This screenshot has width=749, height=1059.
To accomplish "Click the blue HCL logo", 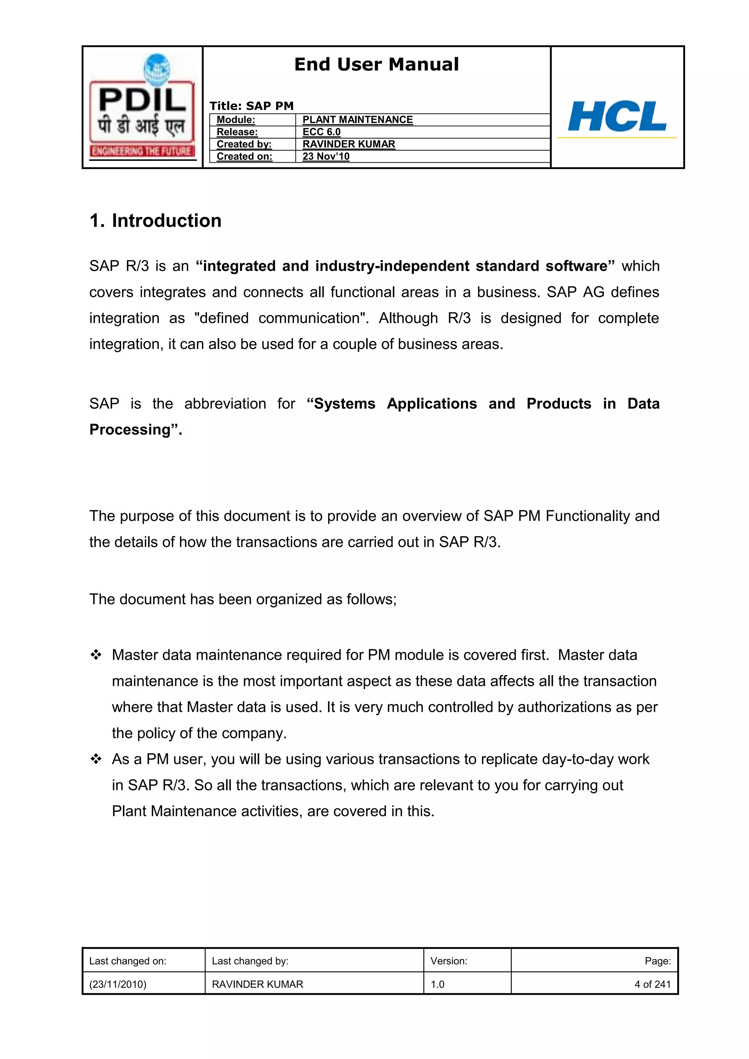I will pyautogui.click(x=617, y=116).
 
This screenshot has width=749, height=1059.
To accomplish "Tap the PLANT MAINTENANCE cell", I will pyautogui.click(x=357, y=120).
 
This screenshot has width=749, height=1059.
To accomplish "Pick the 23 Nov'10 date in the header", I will pyautogui.click(x=326, y=156).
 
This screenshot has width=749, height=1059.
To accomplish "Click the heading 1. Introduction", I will pyautogui.click(x=155, y=220).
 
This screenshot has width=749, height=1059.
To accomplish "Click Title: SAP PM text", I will pyautogui.click(x=252, y=106).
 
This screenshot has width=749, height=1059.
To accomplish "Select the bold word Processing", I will pyautogui.click(x=130, y=430).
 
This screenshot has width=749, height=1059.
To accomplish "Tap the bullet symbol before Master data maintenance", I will pyautogui.click(x=96, y=655).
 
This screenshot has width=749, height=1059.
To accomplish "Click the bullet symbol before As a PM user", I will pyautogui.click(x=96, y=759).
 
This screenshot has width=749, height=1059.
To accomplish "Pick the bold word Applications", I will pyautogui.click(x=432, y=404).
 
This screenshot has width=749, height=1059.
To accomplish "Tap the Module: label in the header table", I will pyautogui.click(x=236, y=120).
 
